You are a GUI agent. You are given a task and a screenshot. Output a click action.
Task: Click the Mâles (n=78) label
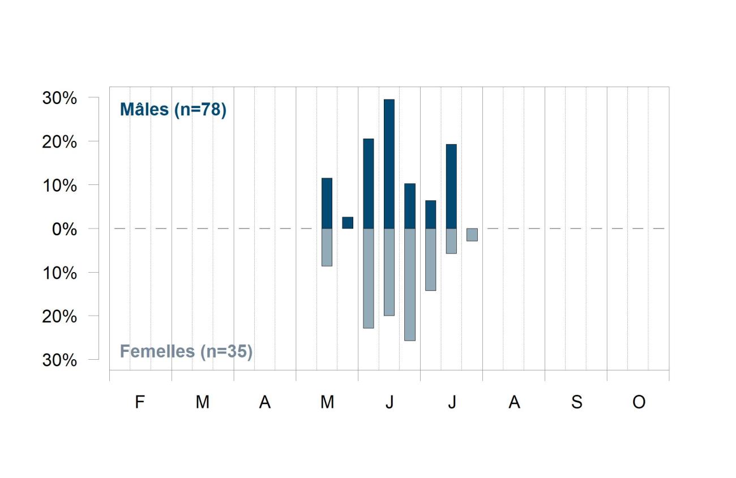point(173,110)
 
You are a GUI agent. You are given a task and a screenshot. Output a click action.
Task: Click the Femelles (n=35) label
point(186,352)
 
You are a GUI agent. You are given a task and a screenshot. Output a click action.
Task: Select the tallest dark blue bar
point(389,164)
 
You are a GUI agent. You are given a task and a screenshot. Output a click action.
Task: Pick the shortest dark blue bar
point(348,222)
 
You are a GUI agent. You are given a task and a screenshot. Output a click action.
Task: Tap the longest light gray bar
point(410,285)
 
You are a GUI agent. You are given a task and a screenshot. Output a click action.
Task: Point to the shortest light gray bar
point(472,235)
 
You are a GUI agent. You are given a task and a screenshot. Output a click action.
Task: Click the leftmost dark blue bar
point(327,203)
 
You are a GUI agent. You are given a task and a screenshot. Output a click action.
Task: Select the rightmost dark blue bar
point(451,186)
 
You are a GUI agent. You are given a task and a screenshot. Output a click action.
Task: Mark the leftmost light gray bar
point(327,247)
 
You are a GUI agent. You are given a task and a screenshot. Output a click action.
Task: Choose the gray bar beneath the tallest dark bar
point(389,272)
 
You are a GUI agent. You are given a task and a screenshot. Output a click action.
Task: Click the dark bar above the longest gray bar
point(410,206)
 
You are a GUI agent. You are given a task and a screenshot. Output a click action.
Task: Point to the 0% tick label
point(65,229)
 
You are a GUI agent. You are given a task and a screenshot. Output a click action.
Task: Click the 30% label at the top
point(59,98)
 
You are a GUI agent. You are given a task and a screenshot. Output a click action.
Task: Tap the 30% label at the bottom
point(59,360)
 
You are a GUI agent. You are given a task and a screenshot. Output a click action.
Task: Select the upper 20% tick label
point(59,142)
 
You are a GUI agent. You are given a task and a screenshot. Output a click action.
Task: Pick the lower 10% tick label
point(59,273)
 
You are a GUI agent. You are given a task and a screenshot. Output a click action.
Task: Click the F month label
point(140,402)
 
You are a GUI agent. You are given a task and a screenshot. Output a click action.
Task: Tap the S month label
point(577,402)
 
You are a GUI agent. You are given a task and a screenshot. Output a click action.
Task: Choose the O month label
point(639,402)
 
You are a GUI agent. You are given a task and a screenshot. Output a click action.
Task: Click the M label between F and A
point(203,402)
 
